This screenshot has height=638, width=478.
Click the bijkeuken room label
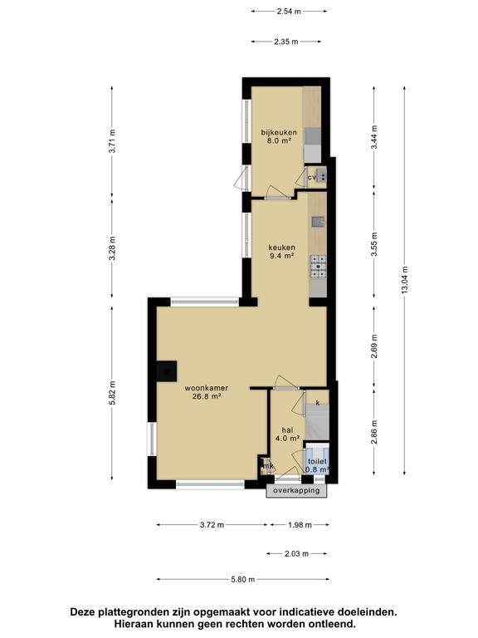point(279,133)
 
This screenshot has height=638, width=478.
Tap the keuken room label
point(281,248)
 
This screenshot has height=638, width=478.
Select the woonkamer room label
point(206,388)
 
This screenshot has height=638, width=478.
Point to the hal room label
point(287,430)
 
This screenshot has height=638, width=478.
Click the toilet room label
point(317,461)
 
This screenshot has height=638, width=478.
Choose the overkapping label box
point(296,490)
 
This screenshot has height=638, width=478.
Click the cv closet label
point(312,178)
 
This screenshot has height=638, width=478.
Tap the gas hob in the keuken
point(319,267)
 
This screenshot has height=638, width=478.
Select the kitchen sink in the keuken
point(319,222)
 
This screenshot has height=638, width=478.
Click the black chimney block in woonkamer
point(167,371)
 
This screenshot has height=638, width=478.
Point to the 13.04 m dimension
point(405,281)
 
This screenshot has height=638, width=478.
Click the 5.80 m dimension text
point(243,579)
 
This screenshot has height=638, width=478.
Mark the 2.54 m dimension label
point(289,12)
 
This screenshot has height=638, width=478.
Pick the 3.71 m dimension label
point(112,140)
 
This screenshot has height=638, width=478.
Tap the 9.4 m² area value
point(281,256)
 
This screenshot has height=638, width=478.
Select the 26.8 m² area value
point(207,397)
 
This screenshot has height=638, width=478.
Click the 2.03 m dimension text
point(297,553)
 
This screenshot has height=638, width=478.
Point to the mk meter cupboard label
point(269,466)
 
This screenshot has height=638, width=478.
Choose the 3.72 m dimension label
point(212,525)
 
